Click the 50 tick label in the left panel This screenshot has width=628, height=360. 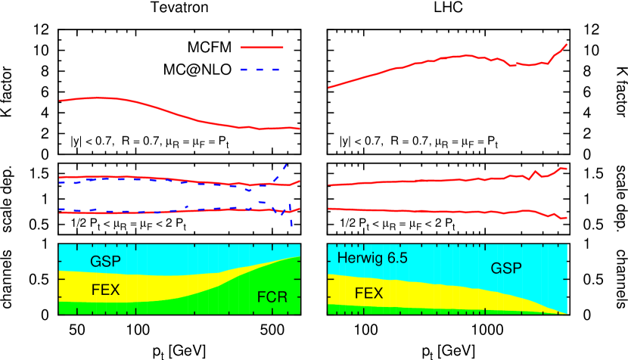click(x=76, y=169)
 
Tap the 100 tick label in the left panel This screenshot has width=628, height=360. click(x=138, y=169)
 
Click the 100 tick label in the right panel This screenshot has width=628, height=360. click(x=366, y=169)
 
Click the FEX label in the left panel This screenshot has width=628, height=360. click(x=105, y=289)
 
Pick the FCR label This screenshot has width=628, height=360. click(x=272, y=297)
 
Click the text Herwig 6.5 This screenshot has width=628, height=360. click(x=372, y=259)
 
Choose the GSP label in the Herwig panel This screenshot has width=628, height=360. click(x=506, y=268)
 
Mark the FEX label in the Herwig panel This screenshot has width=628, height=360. click(x=368, y=293)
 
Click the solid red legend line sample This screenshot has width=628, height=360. click(x=262, y=47)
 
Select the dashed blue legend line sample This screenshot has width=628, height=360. click(x=262, y=69)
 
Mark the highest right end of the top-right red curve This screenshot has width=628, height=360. click(x=567, y=45)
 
